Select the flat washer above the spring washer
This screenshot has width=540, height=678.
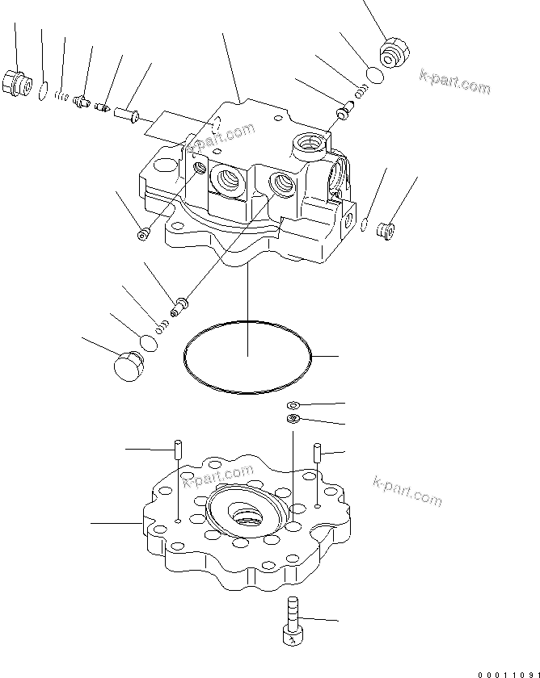(293, 404)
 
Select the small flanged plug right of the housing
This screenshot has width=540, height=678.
(387, 229)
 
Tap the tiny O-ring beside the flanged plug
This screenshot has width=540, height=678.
(365, 225)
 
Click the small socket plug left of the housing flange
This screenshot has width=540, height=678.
(143, 234)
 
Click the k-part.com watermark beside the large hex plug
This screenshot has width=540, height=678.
(454, 82)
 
